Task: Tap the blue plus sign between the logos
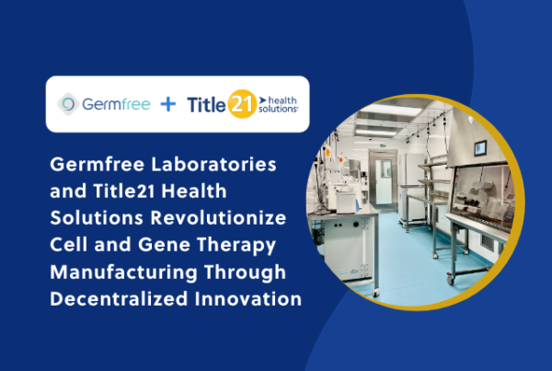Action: point(167,104)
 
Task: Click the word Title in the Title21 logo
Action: point(208,104)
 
